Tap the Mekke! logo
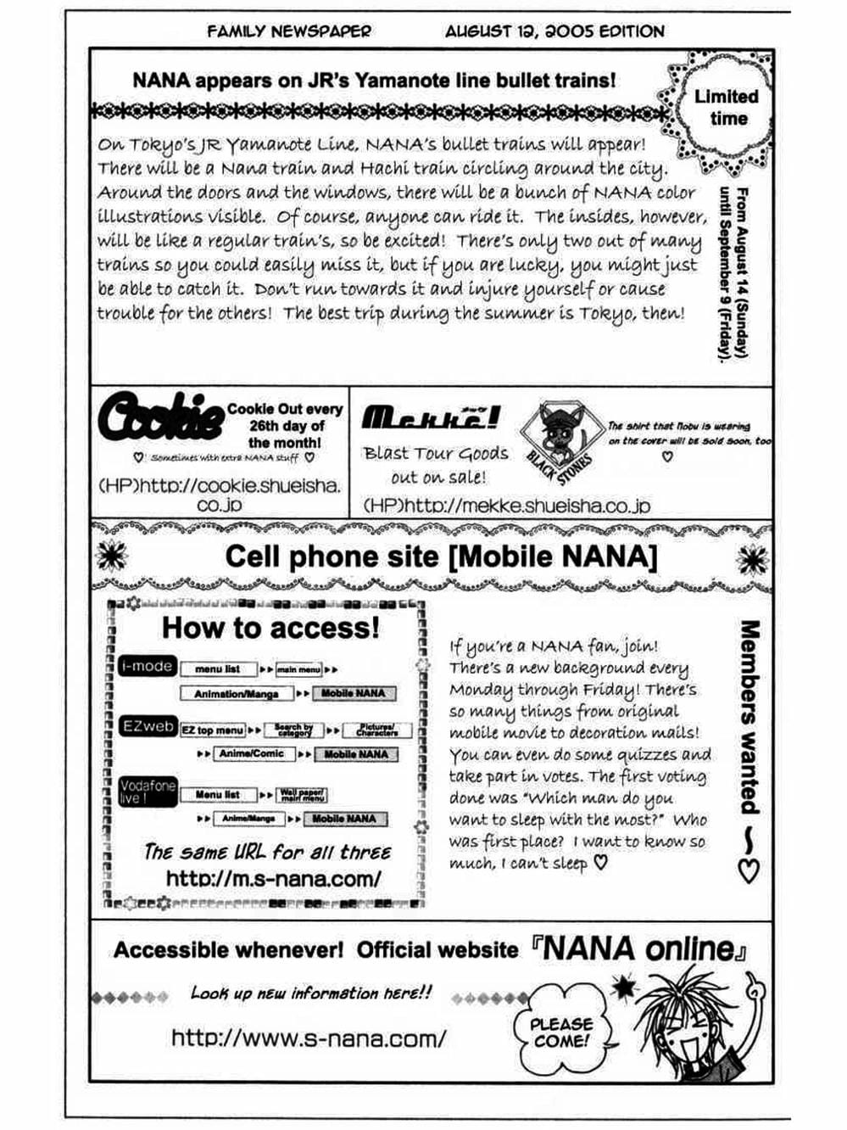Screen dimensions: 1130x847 click(430, 417)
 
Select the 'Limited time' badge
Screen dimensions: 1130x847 click(725, 108)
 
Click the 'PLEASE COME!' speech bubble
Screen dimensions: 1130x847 click(560, 1032)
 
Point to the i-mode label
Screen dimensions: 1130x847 click(147, 667)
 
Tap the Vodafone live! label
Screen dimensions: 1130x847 click(148, 792)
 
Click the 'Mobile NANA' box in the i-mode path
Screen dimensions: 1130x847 click(353, 693)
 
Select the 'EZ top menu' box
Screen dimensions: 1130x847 click(212, 730)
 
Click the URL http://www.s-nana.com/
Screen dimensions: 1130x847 click(308, 1038)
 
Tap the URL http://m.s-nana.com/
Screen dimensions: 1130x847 click(273, 878)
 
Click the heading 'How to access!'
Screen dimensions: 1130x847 click(270, 628)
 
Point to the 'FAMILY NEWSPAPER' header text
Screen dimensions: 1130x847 click(288, 32)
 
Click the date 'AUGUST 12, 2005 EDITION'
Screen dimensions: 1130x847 click(554, 32)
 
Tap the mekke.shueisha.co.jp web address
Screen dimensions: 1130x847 click(506, 506)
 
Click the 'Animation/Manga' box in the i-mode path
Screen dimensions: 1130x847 click(237, 693)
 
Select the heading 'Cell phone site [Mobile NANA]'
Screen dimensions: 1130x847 click(441, 557)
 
